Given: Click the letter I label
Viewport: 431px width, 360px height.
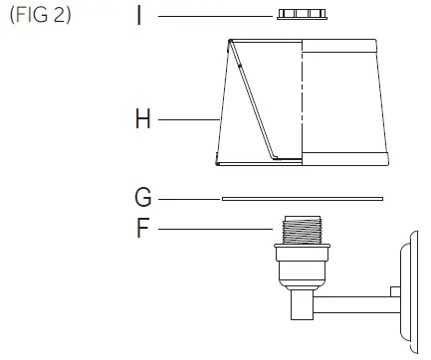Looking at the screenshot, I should [x=141, y=17].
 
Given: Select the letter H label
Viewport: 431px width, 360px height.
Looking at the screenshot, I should [x=142, y=120].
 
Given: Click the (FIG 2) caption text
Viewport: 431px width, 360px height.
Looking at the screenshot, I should [x=40, y=18].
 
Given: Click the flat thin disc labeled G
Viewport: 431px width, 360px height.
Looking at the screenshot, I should [x=302, y=198].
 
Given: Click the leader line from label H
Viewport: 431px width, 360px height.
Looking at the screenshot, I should [x=189, y=120].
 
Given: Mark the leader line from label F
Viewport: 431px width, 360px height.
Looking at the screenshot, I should [x=214, y=230].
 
